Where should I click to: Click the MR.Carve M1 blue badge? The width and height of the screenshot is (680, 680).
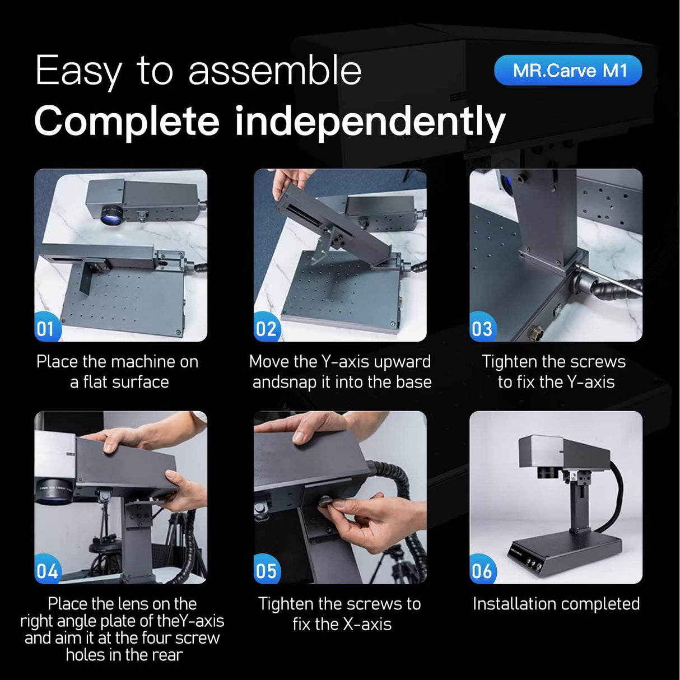[x=568, y=70]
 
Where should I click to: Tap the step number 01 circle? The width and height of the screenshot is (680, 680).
[x=47, y=327]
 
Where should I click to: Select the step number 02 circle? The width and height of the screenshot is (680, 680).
[x=267, y=327]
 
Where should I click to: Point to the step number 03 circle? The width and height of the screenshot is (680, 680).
[x=482, y=327]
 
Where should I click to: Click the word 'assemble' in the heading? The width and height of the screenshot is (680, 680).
[x=275, y=71]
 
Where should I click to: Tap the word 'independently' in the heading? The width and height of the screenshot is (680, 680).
[x=370, y=122]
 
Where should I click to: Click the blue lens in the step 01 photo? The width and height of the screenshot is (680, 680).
[x=111, y=215]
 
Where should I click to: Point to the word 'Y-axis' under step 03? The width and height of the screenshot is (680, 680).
[x=591, y=382]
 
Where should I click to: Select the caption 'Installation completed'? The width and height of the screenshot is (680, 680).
[x=556, y=604]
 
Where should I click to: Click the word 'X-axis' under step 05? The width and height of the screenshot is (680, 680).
[x=367, y=624]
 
